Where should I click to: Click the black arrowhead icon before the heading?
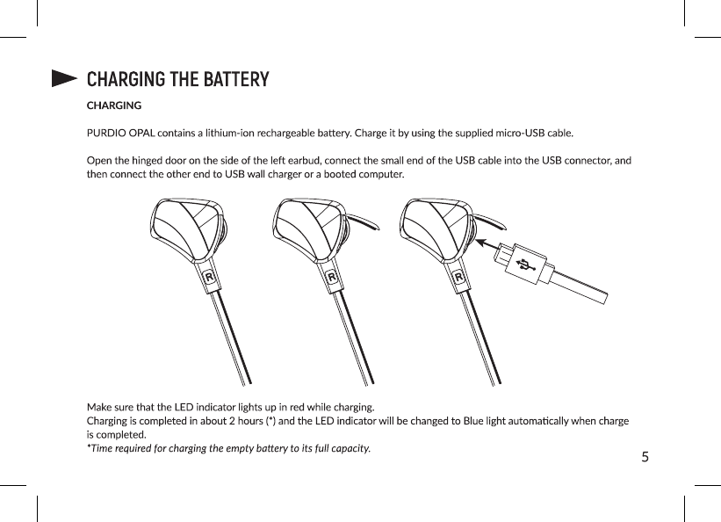click(x=64, y=80)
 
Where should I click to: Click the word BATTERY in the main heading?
click(x=235, y=80)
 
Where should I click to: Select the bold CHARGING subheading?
click(x=114, y=106)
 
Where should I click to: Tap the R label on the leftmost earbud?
click(x=209, y=277)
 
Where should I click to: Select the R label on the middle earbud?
click(x=333, y=277)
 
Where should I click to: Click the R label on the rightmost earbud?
click(x=458, y=277)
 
